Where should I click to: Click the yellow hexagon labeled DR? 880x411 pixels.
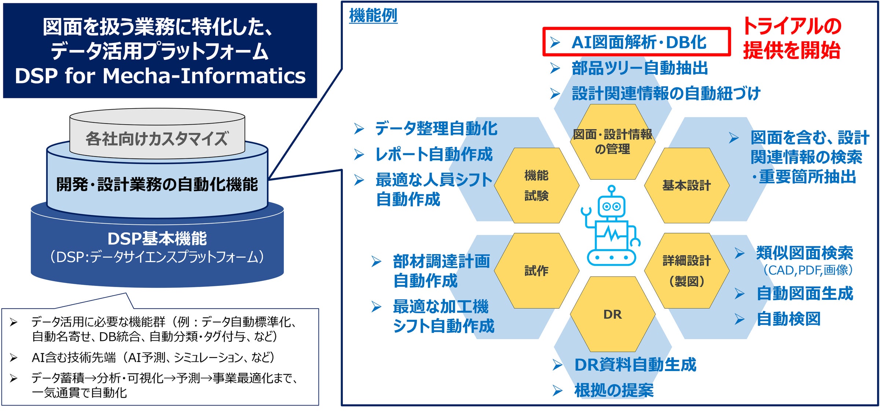tap(612, 314)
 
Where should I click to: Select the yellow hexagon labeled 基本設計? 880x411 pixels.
tap(686, 186)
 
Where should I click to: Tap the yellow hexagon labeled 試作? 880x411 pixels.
tap(536, 271)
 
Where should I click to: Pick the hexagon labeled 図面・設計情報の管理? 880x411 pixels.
tap(612, 142)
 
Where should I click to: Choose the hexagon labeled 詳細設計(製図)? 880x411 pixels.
tap(686, 271)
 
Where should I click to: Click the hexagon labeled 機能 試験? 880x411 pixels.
tap(536, 186)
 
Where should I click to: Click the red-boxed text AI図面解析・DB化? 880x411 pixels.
tap(638, 42)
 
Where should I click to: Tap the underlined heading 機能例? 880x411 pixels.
tap(373, 15)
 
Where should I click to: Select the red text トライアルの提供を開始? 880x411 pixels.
tap(792, 38)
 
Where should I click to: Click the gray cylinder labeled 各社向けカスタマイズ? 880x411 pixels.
tap(157, 139)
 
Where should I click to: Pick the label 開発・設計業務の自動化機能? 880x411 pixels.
tap(157, 184)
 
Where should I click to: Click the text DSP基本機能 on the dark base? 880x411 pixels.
tap(157, 239)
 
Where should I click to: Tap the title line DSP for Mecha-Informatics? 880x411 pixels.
tap(160, 76)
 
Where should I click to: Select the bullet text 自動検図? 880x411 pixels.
tap(788, 319)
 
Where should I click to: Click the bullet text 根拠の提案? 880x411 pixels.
tap(614, 390)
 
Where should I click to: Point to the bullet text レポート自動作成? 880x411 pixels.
tap(434, 154)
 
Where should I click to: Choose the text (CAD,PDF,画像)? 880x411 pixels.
tap(808, 270)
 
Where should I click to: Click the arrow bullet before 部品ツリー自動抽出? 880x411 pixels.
tap(555, 68)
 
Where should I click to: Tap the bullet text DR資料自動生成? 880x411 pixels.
tap(635, 365)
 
